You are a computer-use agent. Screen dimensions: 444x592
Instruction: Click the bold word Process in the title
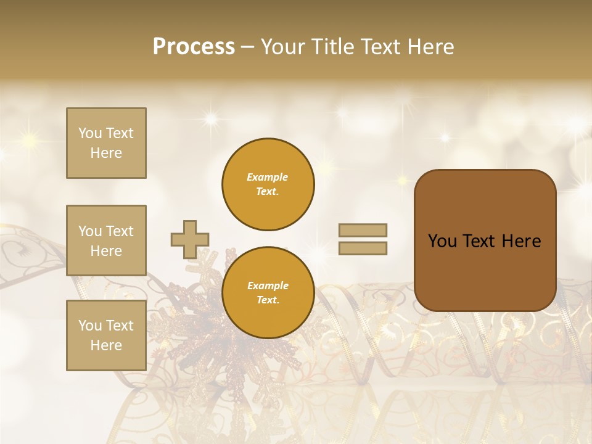pyautogui.click(x=194, y=46)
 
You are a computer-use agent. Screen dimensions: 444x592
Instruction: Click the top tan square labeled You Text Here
pyautogui.click(x=106, y=143)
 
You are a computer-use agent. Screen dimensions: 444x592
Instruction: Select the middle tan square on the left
pyautogui.click(x=106, y=240)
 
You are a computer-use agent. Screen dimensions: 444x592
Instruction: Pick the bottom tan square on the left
pyautogui.click(x=106, y=335)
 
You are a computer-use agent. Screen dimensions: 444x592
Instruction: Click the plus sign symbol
pyautogui.click(x=190, y=239)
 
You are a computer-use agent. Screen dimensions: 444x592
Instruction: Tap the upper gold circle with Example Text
pyautogui.click(x=268, y=184)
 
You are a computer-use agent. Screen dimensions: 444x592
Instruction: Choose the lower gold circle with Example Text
pyautogui.click(x=268, y=293)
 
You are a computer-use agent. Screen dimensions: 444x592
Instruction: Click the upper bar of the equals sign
pyautogui.click(x=363, y=230)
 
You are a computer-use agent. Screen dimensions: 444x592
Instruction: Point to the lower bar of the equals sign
pyautogui.click(x=363, y=249)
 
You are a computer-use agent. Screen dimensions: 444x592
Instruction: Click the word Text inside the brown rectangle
pyautogui.click(x=480, y=241)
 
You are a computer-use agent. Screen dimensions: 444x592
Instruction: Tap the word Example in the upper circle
pyautogui.click(x=268, y=177)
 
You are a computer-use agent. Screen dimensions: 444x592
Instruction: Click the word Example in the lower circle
pyautogui.click(x=268, y=286)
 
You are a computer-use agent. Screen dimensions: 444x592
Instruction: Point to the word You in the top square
pyautogui.click(x=89, y=133)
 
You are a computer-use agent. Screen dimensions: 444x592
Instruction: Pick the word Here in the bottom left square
pyautogui.click(x=106, y=345)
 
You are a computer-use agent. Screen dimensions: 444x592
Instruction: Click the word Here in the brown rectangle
pyautogui.click(x=521, y=241)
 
